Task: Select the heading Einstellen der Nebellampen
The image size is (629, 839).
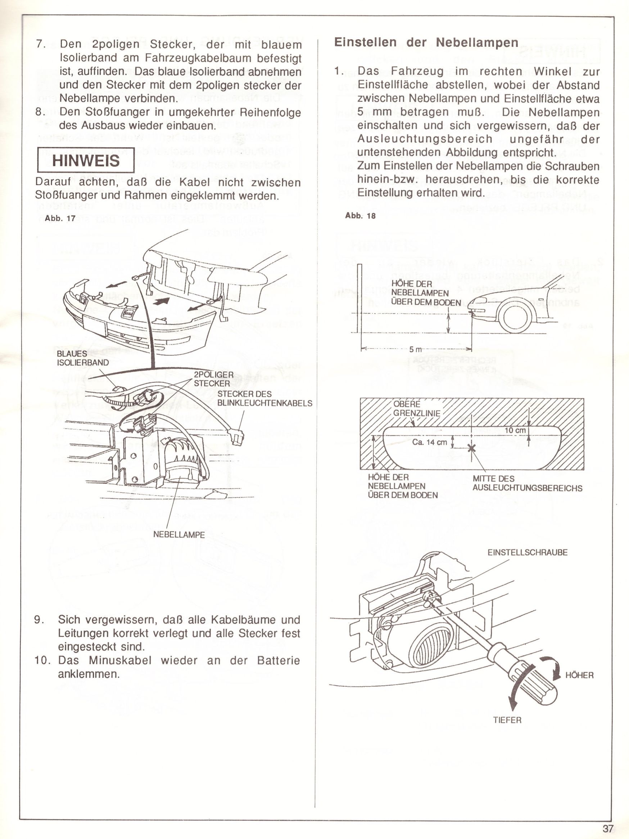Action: (x=426, y=42)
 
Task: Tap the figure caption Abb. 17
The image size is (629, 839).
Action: (x=60, y=219)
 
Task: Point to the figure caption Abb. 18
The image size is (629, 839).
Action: (x=360, y=216)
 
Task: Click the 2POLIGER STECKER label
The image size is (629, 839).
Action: (x=213, y=379)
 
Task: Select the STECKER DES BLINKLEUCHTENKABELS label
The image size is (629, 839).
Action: (x=264, y=398)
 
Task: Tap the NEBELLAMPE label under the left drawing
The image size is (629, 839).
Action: (x=179, y=535)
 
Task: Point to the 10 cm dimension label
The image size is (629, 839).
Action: (x=515, y=430)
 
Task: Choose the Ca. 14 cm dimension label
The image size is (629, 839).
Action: (x=430, y=442)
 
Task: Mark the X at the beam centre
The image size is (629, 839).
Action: (x=471, y=448)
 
